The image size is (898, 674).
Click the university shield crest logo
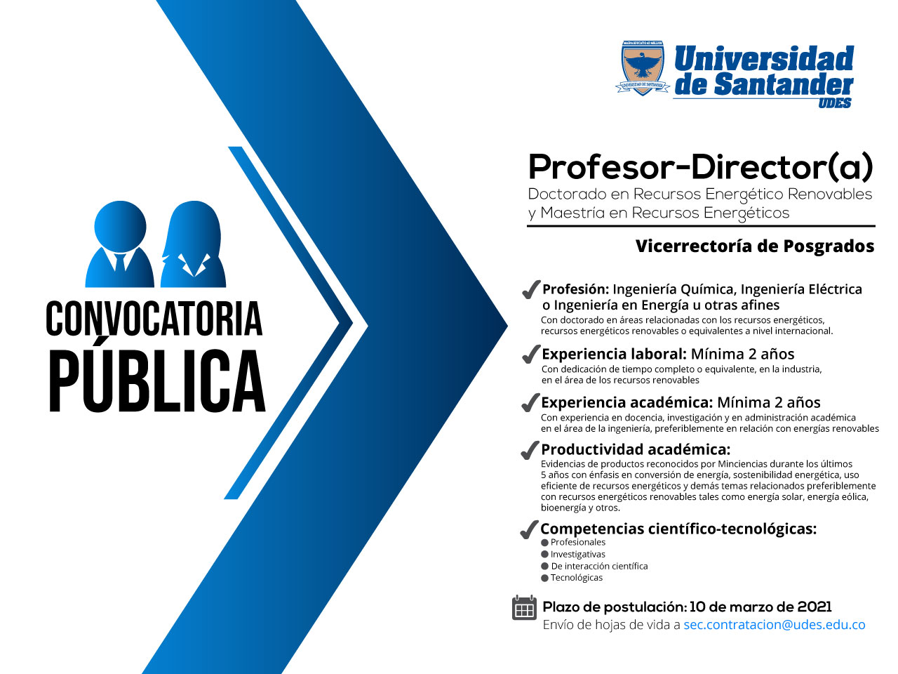tap(643, 68)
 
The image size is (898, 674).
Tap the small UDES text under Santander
tap(835, 103)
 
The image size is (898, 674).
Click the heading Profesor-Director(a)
tap(700, 167)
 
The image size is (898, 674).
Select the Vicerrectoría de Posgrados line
tap(755, 246)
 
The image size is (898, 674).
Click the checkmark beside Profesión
tap(530, 289)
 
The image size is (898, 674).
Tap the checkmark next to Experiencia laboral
tap(530, 354)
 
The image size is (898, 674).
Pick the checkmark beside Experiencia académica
tap(530, 402)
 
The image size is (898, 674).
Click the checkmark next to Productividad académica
tap(530, 450)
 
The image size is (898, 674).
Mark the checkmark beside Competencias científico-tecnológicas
tap(529, 529)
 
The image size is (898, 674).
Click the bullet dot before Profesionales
tap(544, 543)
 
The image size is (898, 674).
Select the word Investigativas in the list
tap(577, 554)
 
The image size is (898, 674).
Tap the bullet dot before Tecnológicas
tap(544, 579)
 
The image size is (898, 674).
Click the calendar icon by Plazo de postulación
tap(524, 608)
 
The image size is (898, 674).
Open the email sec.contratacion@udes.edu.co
tap(775, 625)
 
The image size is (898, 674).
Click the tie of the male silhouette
tap(120, 263)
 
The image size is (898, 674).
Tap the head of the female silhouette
tap(194, 227)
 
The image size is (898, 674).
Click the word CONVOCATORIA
tap(154, 319)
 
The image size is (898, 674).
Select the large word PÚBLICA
tap(158, 380)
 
